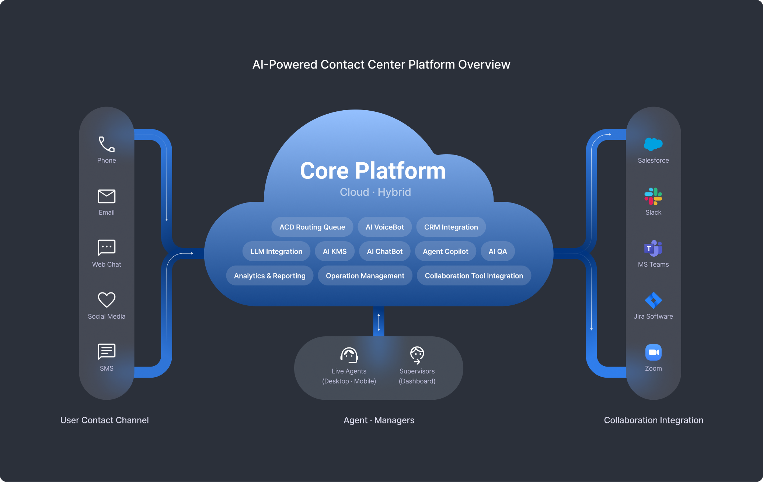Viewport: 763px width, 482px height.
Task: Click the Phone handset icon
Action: (107, 144)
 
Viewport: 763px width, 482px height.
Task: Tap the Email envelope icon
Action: (107, 196)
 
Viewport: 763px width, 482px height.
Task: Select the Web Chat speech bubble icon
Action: (107, 247)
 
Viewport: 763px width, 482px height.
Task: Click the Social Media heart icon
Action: (107, 300)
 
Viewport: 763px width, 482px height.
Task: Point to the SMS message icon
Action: (107, 351)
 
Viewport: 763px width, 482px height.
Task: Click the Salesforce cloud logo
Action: (653, 144)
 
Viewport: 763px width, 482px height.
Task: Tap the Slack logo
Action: (653, 196)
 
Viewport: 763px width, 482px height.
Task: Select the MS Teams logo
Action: (653, 248)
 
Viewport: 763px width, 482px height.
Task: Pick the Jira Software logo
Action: (653, 300)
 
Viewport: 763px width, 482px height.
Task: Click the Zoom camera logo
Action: (653, 352)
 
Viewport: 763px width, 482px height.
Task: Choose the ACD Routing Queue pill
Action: (312, 227)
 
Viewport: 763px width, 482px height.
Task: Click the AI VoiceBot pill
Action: (384, 227)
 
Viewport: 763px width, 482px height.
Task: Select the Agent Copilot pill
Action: (445, 252)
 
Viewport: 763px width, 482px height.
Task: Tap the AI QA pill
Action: (498, 252)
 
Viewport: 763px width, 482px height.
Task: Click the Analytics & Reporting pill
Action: (269, 276)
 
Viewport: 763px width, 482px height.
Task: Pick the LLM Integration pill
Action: (276, 252)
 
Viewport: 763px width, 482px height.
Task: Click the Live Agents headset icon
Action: (349, 355)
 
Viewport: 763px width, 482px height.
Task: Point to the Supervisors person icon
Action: (417, 355)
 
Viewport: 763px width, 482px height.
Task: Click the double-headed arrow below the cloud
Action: (379, 322)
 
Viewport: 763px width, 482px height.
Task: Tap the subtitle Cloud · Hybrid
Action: (375, 192)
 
